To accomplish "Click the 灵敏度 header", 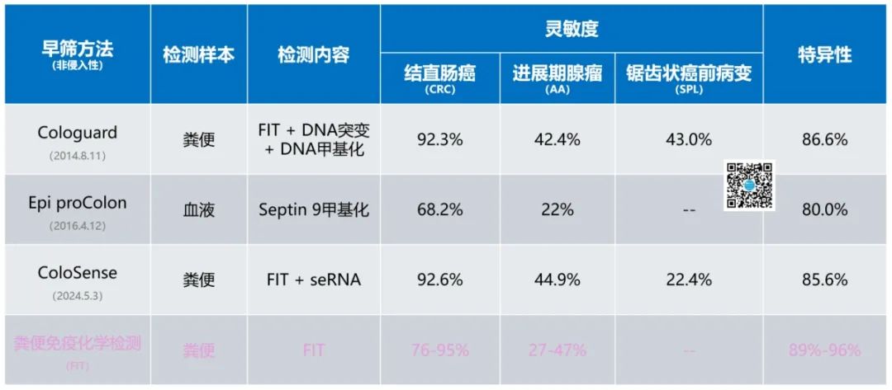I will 572,30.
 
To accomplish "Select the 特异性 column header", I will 824,55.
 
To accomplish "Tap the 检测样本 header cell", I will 198,55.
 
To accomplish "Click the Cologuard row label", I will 78,133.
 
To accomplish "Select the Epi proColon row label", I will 78,203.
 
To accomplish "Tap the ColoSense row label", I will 78,273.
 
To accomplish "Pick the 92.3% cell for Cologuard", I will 439,139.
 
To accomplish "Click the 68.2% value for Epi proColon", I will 439,209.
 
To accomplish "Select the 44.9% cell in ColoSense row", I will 557,280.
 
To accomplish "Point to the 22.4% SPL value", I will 688,280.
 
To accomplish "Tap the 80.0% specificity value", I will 824,209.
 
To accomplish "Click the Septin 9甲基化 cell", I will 313,209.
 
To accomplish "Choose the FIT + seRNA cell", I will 313,280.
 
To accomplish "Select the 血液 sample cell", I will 198,209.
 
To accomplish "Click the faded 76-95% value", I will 439,350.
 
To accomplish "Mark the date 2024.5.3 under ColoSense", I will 78,294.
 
